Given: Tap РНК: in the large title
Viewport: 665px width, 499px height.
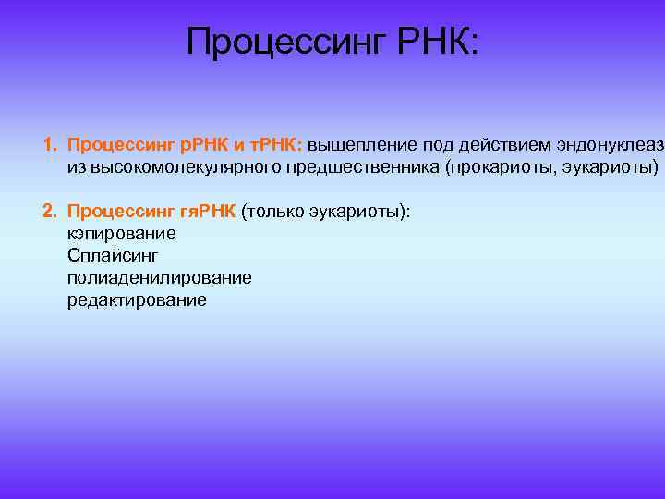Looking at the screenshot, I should click(439, 42).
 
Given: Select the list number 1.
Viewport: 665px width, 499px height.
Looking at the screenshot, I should click(49, 146).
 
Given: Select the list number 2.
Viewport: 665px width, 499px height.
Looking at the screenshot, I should click(49, 211).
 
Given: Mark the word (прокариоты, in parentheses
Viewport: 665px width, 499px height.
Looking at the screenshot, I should click(493, 167).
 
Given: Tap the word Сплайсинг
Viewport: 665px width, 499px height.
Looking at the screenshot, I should click(106, 256).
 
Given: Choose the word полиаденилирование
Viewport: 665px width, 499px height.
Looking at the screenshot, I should click(159, 278).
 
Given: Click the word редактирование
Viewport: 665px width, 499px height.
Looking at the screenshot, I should click(137, 300).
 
